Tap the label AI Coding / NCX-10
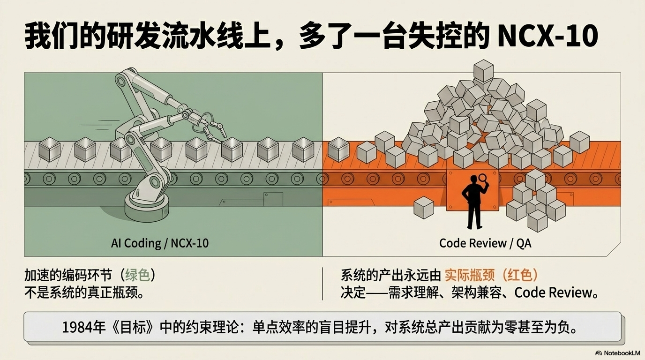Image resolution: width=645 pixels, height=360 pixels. (160, 243)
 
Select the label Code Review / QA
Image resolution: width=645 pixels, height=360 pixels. (485, 243)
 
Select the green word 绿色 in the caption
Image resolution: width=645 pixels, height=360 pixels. (138, 275)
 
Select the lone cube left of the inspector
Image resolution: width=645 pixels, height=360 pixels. (424, 207)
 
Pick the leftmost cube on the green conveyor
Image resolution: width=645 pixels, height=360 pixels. (49, 149)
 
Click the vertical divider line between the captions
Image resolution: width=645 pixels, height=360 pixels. (322, 284)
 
